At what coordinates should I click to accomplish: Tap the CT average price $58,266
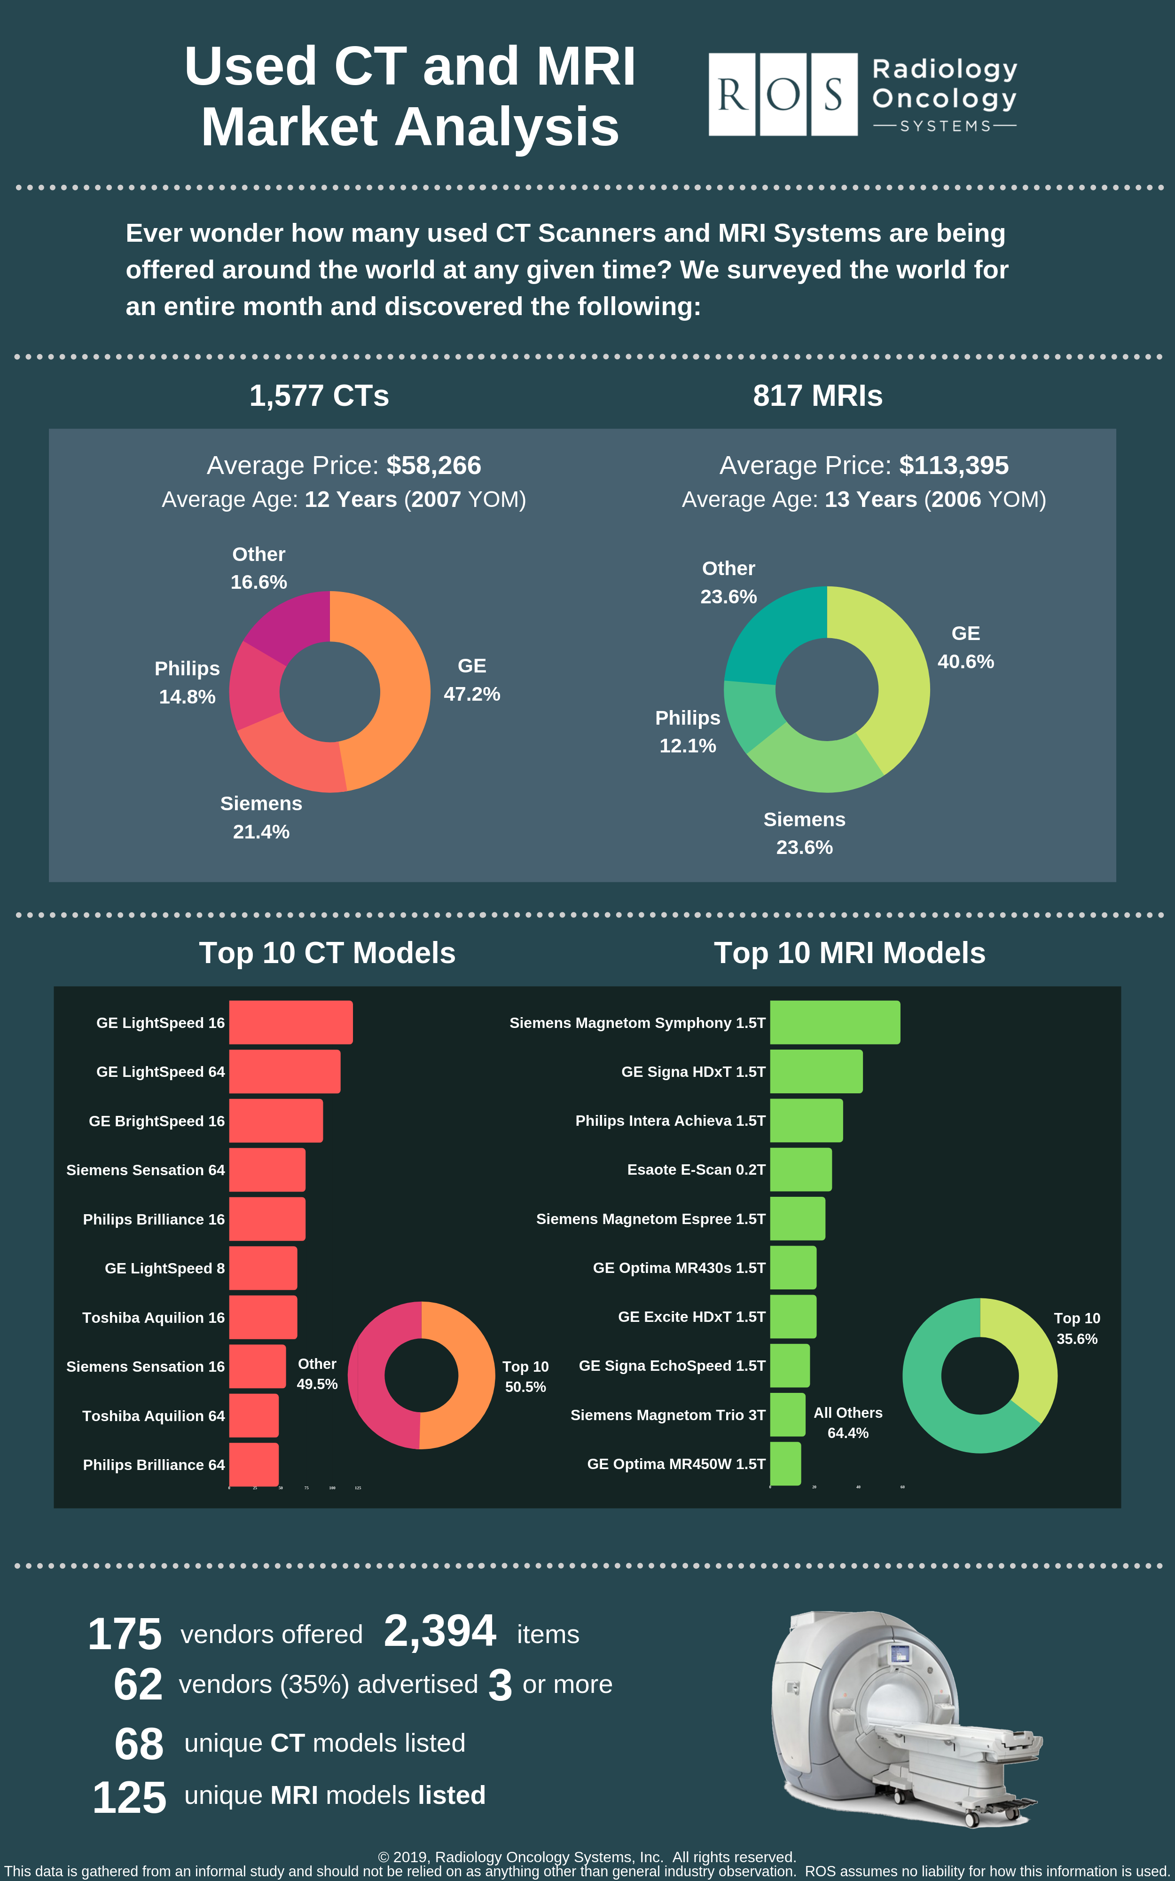[434, 466]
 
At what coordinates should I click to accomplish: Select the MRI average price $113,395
[954, 466]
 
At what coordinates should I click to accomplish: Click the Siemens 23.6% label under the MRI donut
[804, 833]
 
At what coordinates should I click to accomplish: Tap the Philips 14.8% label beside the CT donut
[187, 682]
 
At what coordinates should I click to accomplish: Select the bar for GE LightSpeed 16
[290, 1022]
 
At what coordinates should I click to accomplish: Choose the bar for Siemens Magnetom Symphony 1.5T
[835, 1022]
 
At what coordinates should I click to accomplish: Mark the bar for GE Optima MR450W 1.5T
[785, 1463]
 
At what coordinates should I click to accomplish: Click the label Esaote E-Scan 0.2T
[696, 1170]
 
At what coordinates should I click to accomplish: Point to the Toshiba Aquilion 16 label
[153, 1318]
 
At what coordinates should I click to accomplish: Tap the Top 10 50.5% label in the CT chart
[525, 1376]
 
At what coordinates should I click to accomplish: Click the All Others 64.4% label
[848, 1423]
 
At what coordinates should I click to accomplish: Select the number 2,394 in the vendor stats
[440, 1631]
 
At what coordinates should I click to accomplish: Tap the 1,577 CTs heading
[319, 395]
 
